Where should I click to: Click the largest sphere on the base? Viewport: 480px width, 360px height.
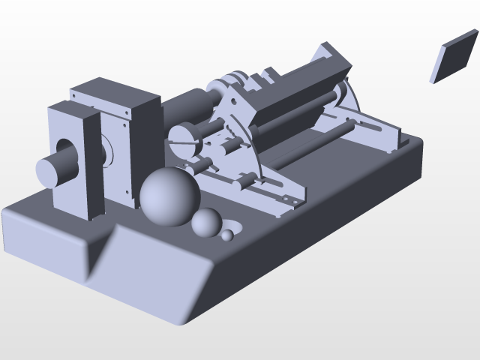click(170, 196)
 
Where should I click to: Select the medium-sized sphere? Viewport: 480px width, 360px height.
click(205, 223)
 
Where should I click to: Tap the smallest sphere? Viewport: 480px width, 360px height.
click(227, 235)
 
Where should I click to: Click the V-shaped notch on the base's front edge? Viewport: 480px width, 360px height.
click(101, 251)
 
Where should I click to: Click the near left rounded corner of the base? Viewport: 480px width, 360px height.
click(11, 221)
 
